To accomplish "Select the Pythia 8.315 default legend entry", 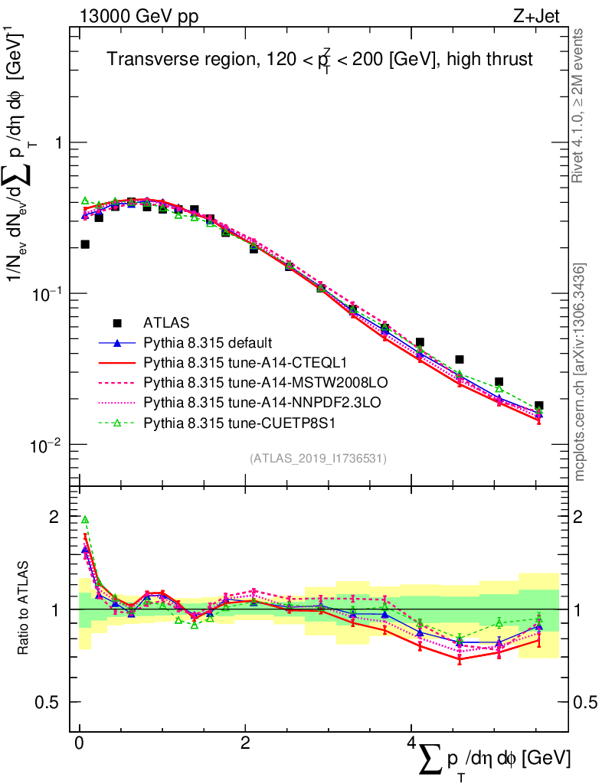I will tap(208, 342).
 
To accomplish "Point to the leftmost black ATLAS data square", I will tap(85, 244).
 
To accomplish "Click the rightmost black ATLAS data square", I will tap(539, 406).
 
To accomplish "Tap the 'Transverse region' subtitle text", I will tap(319, 59).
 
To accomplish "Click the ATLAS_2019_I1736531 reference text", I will tap(318, 459).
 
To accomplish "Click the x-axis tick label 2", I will tap(244, 745).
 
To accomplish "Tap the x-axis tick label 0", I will tap(79, 745).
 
